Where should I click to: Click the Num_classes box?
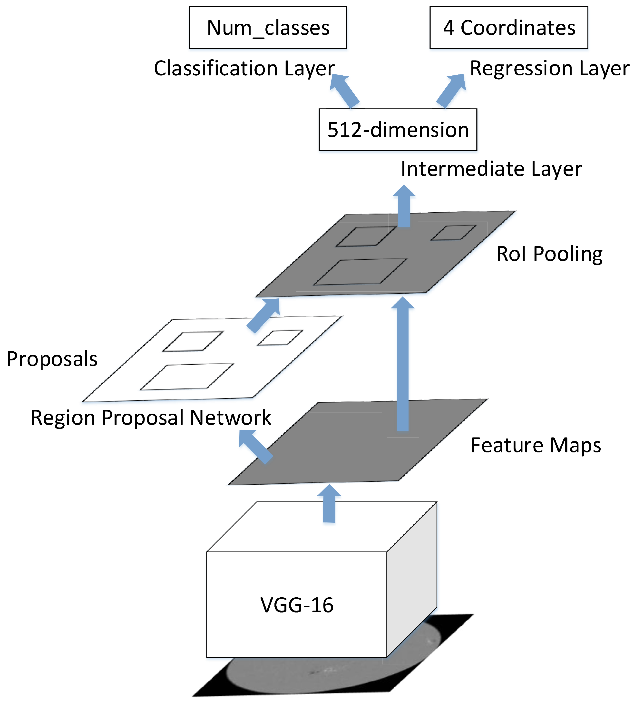[x=268, y=28]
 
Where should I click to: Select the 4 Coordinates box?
[x=509, y=28]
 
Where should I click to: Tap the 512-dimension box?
[x=398, y=130]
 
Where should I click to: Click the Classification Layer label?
[x=244, y=68]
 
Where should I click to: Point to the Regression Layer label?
[x=549, y=68]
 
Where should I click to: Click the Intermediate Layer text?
[x=491, y=169]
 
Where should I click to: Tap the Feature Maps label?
[x=536, y=445]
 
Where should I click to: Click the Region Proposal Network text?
[x=151, y=417]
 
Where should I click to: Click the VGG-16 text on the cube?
[x=297, y=605]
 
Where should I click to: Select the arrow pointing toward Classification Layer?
[x=344, y=91]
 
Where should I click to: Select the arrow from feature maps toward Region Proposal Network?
[x=255, y=447]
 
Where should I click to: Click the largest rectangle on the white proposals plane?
[x=187, y=377]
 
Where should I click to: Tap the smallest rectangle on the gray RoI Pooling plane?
[x=453, y=233]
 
